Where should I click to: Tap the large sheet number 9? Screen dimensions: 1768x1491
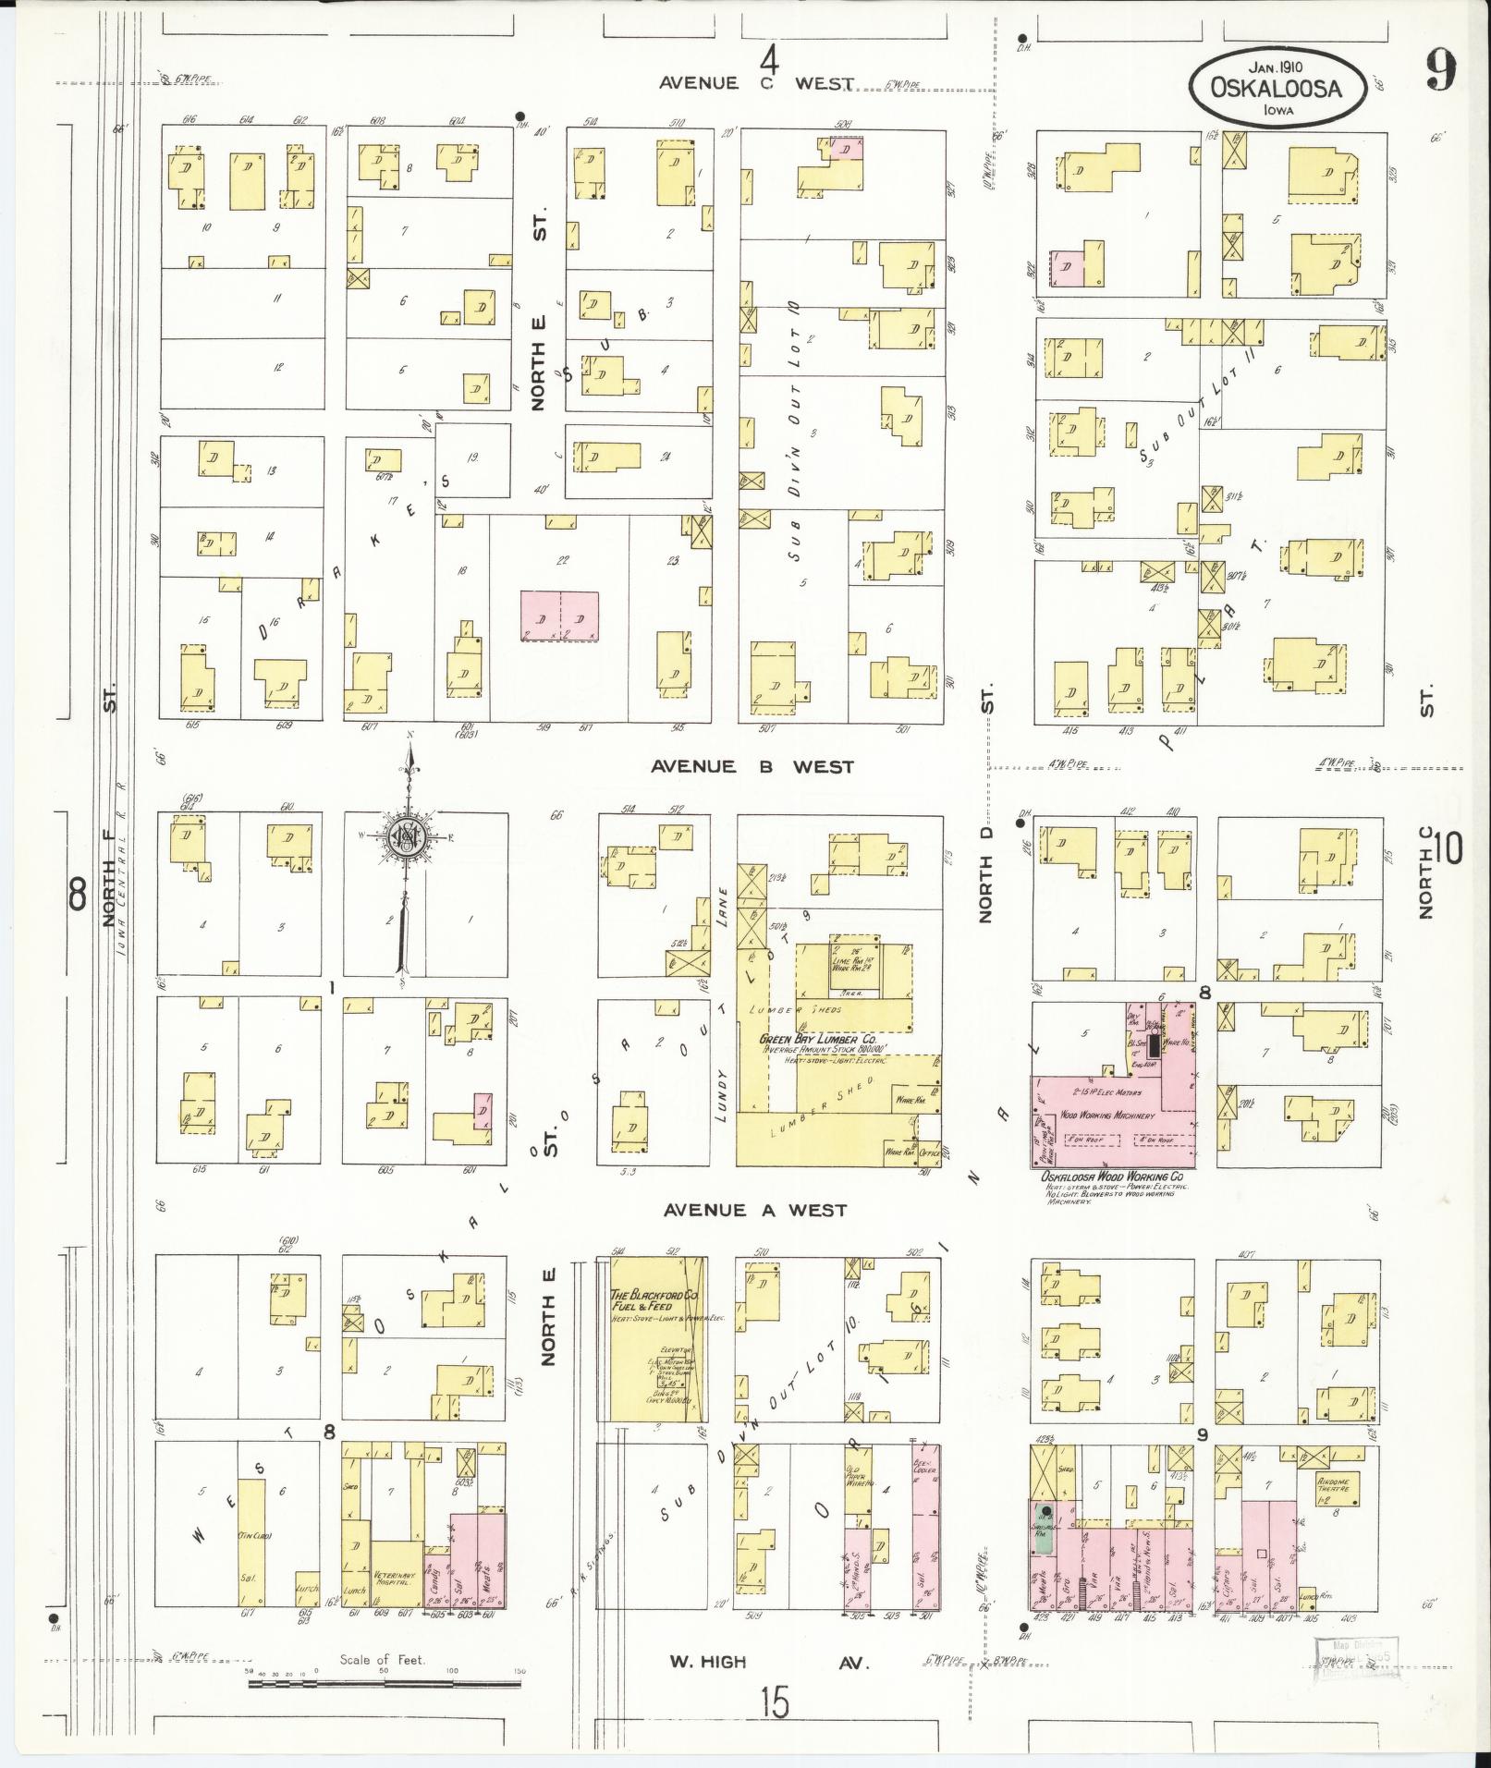pos(1440,69)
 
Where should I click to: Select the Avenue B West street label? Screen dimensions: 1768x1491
pos(752,766)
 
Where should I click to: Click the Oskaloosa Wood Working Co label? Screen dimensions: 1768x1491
pos(1112,1177)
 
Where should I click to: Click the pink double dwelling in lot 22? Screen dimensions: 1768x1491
pos(558,616)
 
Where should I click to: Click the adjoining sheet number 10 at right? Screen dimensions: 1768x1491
pos(1448,847)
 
